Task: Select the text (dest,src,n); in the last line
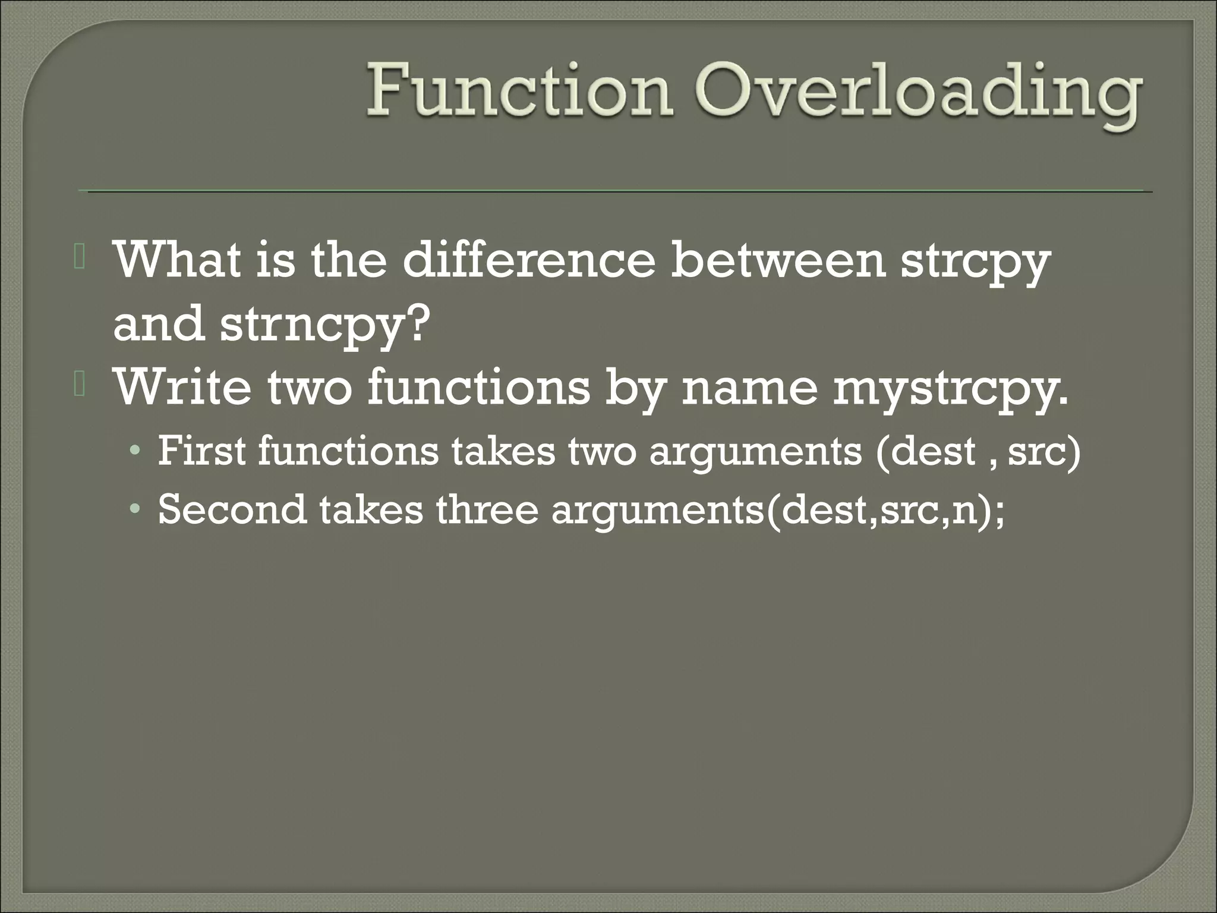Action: tap(885, 511)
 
